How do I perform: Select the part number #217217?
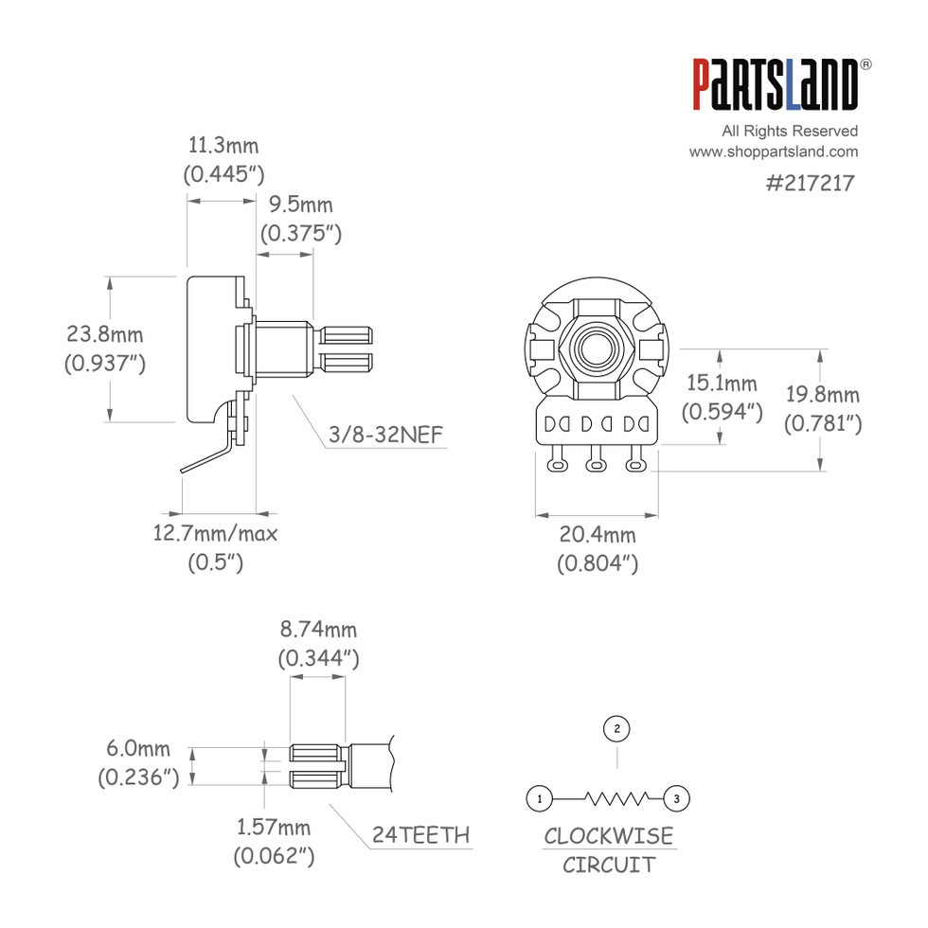pos(810,183)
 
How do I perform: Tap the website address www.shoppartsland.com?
pos(773,152)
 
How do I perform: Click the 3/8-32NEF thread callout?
pos(385,435)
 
